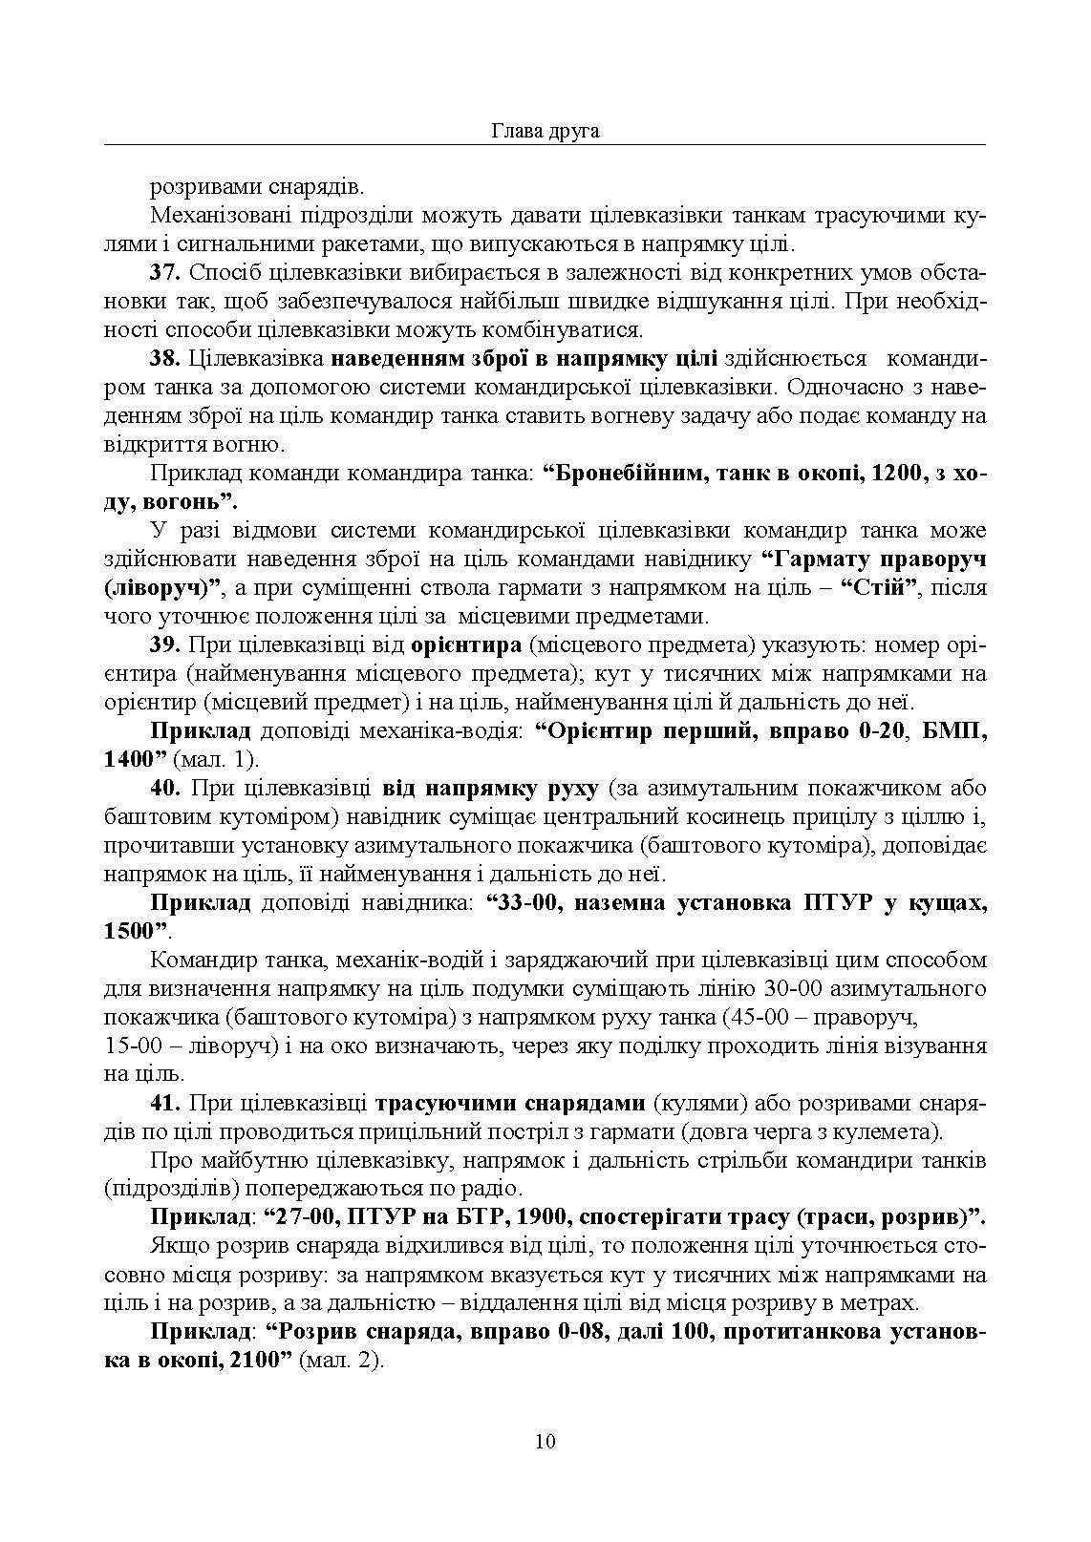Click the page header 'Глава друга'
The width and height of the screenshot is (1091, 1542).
tap(545, 131)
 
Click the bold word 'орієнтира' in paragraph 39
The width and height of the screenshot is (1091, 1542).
tap(465, 646)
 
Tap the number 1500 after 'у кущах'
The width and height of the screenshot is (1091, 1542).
tap(128, 931)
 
